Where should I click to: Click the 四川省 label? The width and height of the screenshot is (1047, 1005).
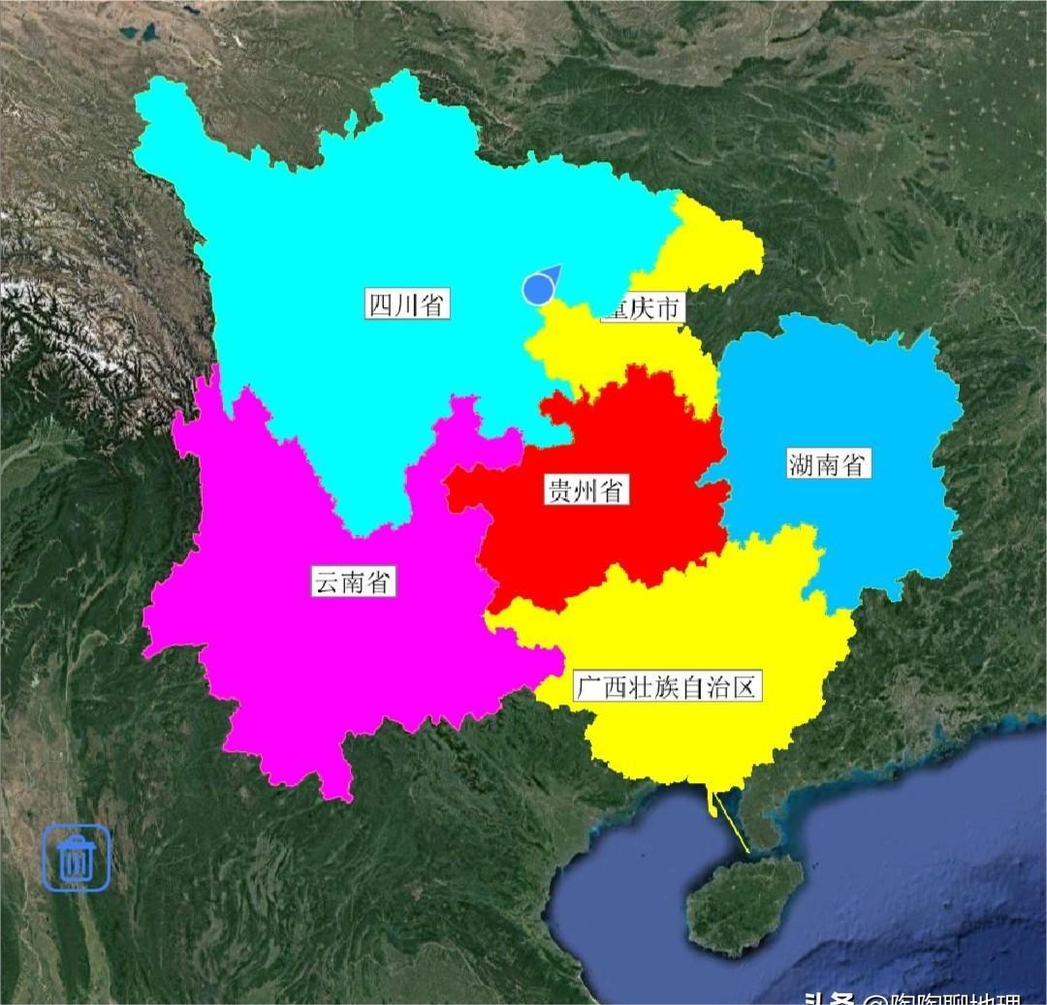407,304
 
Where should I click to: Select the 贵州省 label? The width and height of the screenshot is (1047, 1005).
585,490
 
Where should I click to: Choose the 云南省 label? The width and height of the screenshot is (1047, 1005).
353,581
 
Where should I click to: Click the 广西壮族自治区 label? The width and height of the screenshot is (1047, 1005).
664,687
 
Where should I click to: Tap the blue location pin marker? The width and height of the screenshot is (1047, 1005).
539,287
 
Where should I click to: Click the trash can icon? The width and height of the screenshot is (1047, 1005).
76,858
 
